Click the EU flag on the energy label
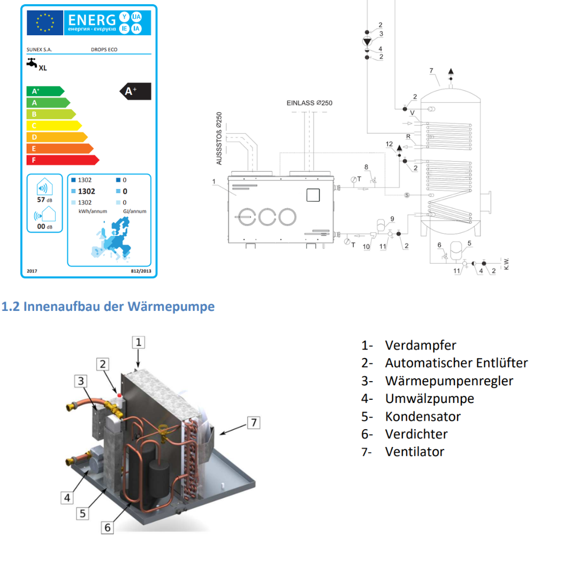coord(44,22)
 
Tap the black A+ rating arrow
coord(135,92)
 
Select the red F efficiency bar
coord(63,160)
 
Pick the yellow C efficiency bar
coord(54,126)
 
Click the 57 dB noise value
coord(44,200)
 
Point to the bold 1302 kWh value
coord(87,191)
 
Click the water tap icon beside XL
coord(32,63)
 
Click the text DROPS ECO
coord(104,49)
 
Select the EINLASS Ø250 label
coord(309,103)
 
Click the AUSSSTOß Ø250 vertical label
coord(219,138)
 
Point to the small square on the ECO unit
coord(313,195)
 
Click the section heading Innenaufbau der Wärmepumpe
coord(119,306)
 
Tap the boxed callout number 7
coord(254,422)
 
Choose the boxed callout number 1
coord(138,342)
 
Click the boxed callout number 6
coord(107,528)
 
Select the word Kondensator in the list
coord(423,416)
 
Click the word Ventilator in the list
coord(415,452)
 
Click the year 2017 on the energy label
coord(32,271)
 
